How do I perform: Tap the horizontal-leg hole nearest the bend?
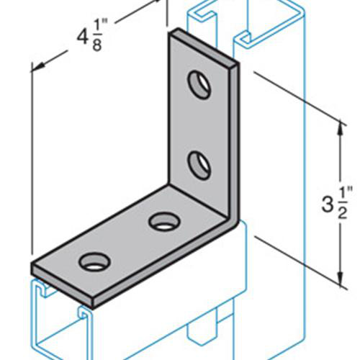[x=161, y=221]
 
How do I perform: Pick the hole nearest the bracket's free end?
[x=93, y=261]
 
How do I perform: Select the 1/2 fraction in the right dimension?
[x=346, y=199]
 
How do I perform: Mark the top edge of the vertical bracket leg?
[x=205, y=48]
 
